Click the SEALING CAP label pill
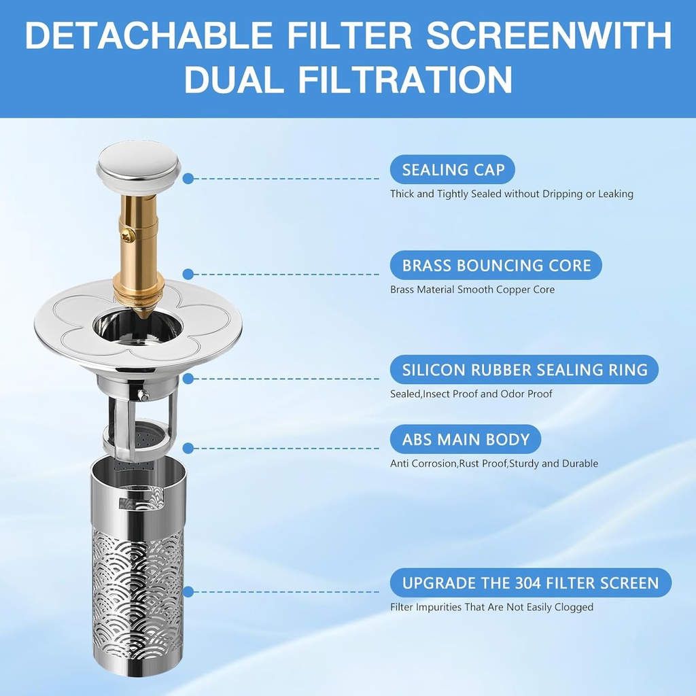[x=452, y=169]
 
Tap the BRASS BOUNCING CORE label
[x=495, y=266]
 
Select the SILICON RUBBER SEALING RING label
[x=524, y=370]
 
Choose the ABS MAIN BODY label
[x=466, y=440]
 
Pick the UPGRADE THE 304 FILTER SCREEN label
[x=530, y=582]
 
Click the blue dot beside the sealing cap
[x=188, y=179]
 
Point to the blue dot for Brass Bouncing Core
[x=188, y=275]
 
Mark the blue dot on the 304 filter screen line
[x=188, y=592]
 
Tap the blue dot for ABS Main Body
[x=188, y=449]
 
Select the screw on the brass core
[x=128, y=237]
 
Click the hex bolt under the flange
[x=143, y=395]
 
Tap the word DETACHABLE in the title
[x=149, y=35]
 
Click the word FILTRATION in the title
[x=405, y=80]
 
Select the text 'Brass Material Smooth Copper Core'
[x=472, y=290]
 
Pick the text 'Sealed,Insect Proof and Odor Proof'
[x=471, y=394]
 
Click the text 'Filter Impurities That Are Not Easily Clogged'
[x=492, y=607]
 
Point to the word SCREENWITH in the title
[x=549, y=35]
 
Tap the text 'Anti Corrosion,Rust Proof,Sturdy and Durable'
[x=494, y=464]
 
